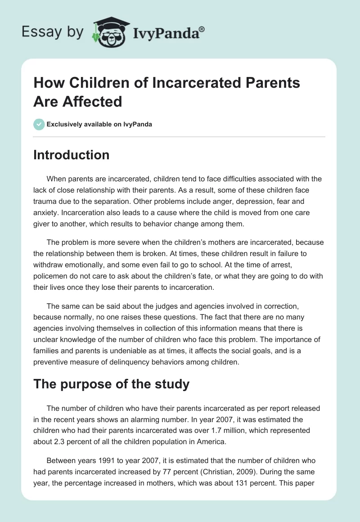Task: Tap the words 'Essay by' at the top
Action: click(52, 32)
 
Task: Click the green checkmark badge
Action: click(39, 124)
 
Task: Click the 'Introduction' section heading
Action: click(72, 155)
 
